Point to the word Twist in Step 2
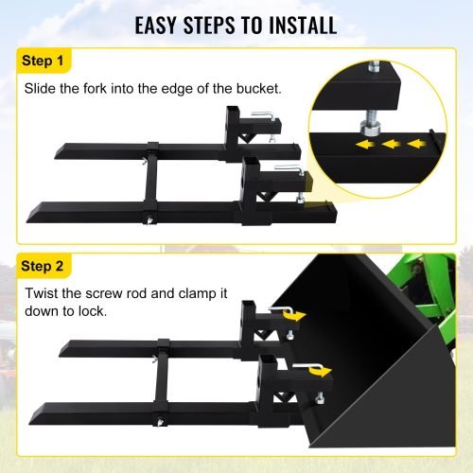(45, 295)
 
